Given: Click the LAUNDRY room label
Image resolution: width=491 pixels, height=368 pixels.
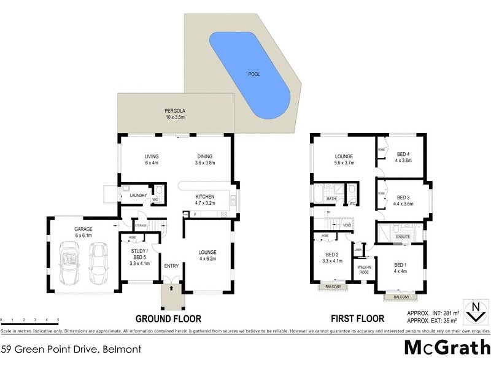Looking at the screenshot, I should click(138, 196).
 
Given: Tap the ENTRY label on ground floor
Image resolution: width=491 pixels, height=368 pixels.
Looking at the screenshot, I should click(171, 266).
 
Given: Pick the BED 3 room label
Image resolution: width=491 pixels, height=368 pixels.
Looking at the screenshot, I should click(403, 200).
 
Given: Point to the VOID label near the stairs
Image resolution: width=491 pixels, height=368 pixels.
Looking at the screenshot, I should click(347, 225).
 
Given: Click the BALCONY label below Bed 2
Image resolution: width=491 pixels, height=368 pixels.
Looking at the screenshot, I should click(333, 286).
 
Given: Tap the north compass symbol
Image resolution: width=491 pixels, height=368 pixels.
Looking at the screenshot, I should click(473, 312).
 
